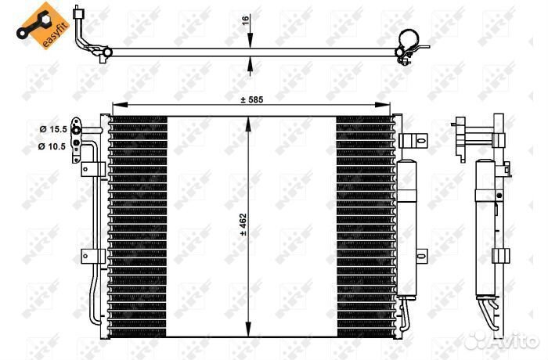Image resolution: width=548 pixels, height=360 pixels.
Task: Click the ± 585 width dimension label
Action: click(x=251, y=100)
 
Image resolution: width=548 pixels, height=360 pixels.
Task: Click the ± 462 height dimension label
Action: click(x=243, y=225)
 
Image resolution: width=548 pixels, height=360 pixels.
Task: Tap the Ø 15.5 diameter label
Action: click(x=53, y=129)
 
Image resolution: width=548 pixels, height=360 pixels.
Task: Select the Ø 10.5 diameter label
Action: click(x=52, y=146)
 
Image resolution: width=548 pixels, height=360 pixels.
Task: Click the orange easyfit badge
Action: click(x=42, y=26)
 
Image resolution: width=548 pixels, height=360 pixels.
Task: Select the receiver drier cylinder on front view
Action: click(x=406, y=229)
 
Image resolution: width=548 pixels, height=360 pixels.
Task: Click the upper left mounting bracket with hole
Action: click(x=93, y=169)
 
